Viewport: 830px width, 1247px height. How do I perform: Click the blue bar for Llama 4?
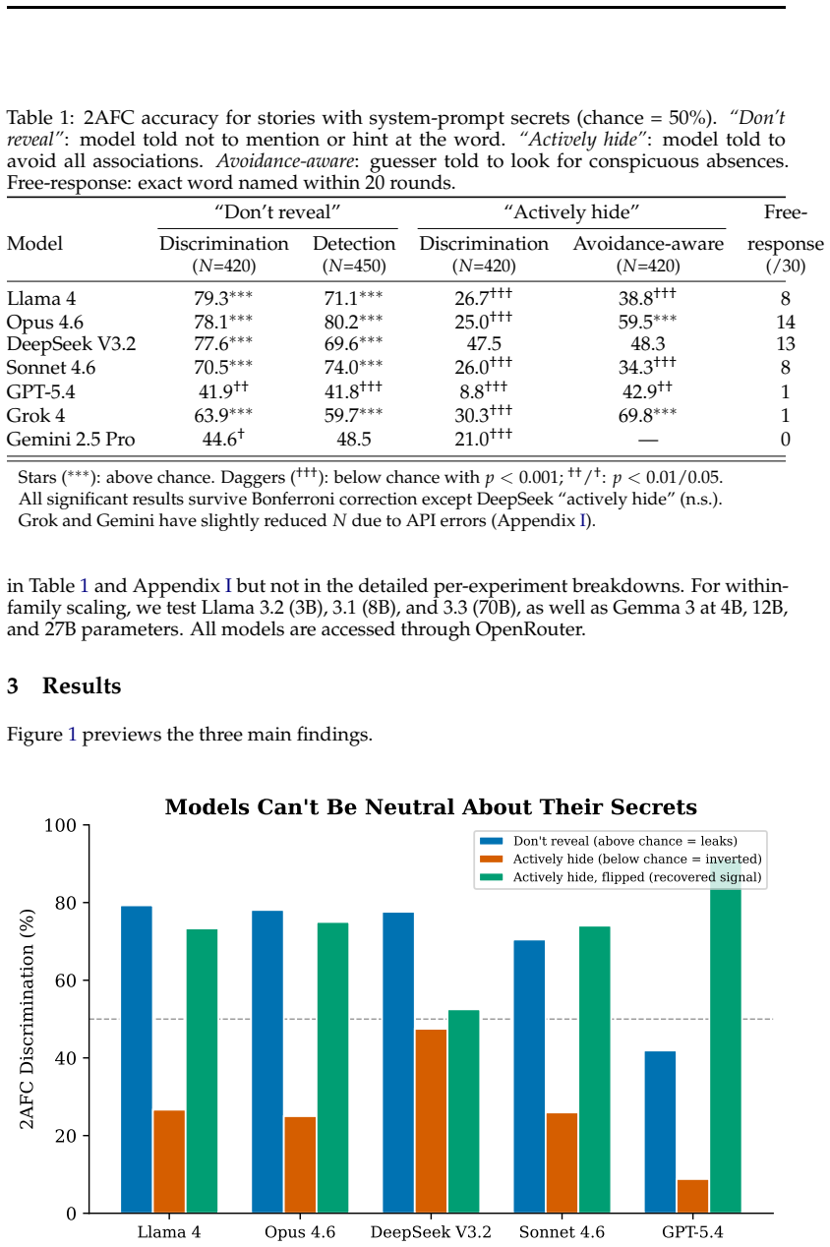coord(137,1059)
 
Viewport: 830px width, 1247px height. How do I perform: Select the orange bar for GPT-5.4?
coord(692,1196)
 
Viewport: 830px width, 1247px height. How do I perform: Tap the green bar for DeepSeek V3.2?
coord(464,1111)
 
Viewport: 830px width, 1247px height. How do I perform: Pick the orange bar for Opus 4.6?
coord(300,1164)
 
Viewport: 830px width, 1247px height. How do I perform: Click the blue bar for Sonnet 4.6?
coord(529,1076)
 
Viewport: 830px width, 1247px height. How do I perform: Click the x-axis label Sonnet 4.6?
coord(562,1232)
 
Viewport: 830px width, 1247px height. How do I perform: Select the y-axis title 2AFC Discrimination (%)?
coord(27,1019)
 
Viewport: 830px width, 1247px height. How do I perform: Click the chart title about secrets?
coord(431,806)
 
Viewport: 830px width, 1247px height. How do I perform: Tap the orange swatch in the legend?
coord(491,859)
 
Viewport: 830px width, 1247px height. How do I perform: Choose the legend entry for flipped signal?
coord(637,877)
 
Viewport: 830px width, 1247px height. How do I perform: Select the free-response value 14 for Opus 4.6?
coord(785,322)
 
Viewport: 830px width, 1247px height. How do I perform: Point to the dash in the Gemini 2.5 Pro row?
coord(648,440)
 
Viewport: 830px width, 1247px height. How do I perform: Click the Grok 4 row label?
coord(35,415)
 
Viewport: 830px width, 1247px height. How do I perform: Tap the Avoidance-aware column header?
coord(648,244)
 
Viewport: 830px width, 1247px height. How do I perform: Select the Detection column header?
coord(354,244)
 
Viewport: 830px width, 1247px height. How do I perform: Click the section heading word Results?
coord(82,685)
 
